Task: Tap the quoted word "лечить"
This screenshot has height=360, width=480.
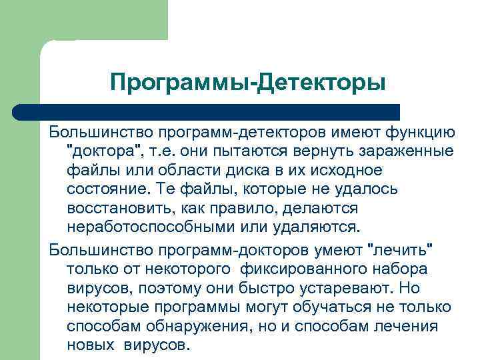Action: click(x=401, y=251)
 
